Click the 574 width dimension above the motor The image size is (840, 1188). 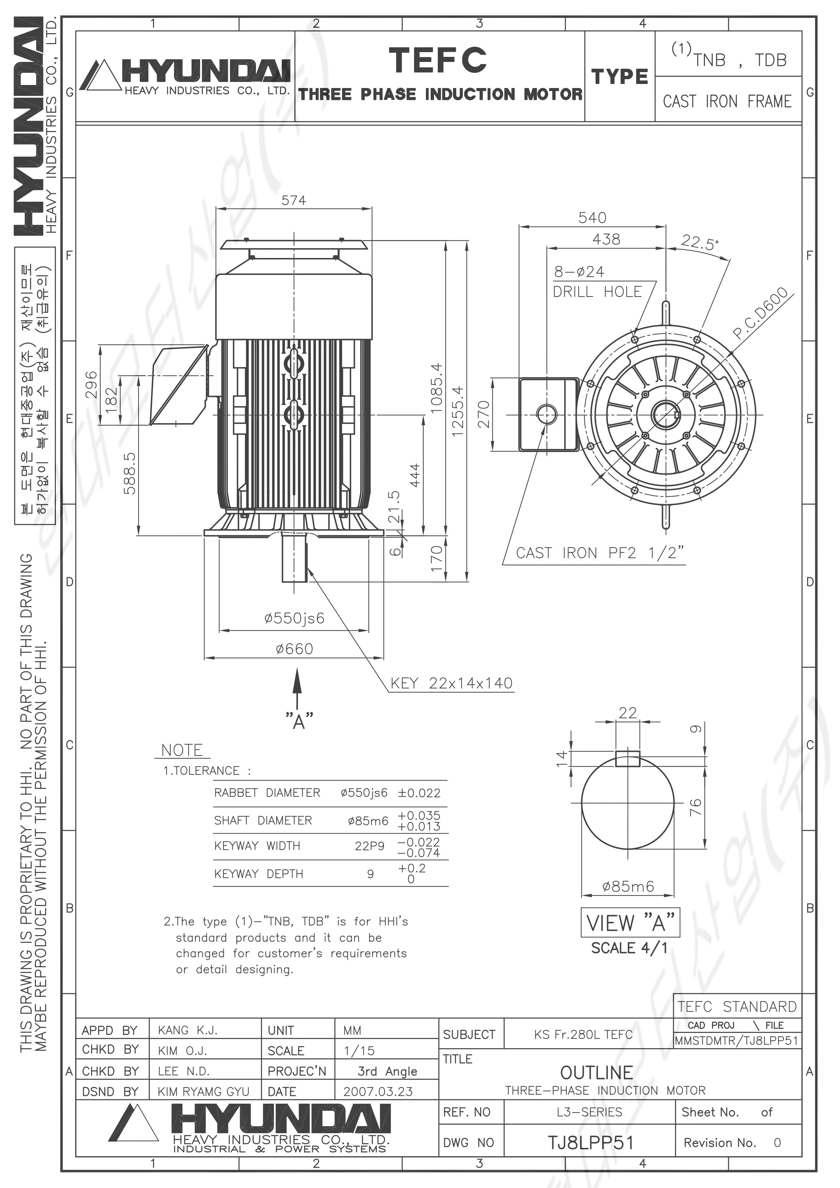[x=294, y=200]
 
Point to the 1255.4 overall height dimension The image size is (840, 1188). [x=457, y=411]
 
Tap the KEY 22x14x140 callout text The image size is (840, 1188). [x=451, y=683]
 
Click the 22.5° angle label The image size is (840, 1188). [x=700, y=242]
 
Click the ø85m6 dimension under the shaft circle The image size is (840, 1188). [x=628, y=886]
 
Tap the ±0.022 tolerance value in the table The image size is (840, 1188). [x=419, y=793]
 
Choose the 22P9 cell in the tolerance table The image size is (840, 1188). [x=369, y=845]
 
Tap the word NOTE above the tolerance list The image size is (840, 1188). [x=182, y=750]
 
